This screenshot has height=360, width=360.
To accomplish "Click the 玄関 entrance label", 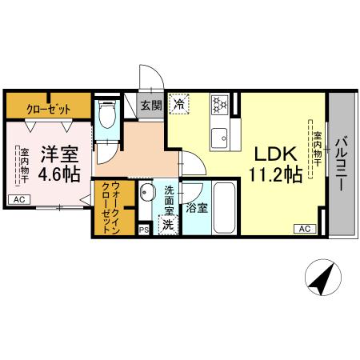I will pyautogui.click(x=150, y=104).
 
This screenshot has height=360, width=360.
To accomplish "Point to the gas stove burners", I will pyautogui.click(x=220, y=105).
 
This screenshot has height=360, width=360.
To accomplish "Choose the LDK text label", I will pyautogui.click(x=277, y=153).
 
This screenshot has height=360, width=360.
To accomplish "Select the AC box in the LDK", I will pyautogui.click(x=305, y=229).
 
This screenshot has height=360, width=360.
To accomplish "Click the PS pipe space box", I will pyautogui.click(x=144, y=229).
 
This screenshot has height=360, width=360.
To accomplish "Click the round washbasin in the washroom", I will pyautogui.click(x=147, y=192).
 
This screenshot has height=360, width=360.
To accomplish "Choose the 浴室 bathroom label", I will pyautogui.click(x=196, y=207).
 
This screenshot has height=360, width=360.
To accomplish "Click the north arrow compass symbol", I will pyautogui.click(x=322, y=279).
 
